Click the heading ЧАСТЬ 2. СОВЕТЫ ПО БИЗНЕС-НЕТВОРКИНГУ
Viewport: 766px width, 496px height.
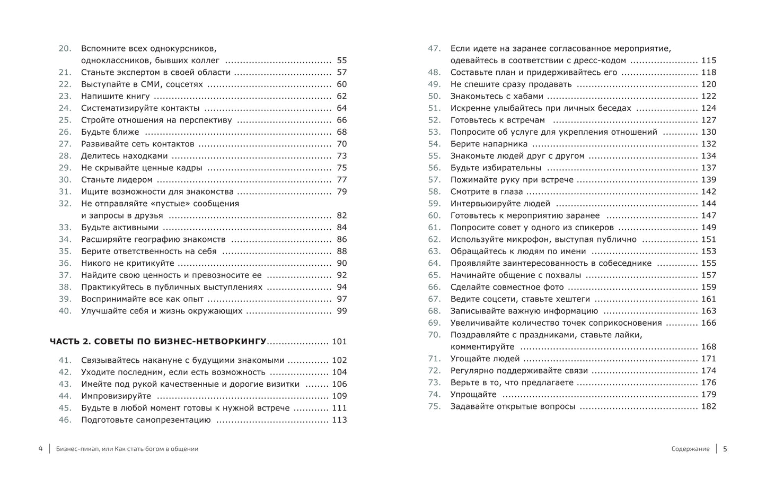pyautogui.click(x=158, y=342)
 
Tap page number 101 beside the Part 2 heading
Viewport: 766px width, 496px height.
pyautogui.click(x=339, y=342)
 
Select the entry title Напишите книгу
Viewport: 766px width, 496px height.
pyautogui.click(x=115, y=96)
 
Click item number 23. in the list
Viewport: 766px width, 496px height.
pyautogui.click(x=65, y=96)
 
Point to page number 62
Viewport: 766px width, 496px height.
pyautogui.click(x=341, y=96)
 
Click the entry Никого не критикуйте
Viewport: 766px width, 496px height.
pyautogui.click(x=127, y=263)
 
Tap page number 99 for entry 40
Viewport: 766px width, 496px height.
pyautogui.click(x=341, y=311)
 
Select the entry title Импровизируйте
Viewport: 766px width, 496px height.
pyautogui.click(x=116, y=396)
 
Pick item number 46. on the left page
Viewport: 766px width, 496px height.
pyautogui.click(x=65, y=420)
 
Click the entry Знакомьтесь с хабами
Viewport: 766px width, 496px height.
pyautogui.click(x=497, y=96)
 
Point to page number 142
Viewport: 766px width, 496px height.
pyautogui.click(x=708, y=192)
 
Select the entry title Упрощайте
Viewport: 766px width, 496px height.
pyautogui.click(x=473, y=394)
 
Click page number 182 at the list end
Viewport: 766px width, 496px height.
pyautogui.click(x=708, y=406)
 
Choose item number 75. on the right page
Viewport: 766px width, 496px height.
pyautogui.click(x=434, y=406)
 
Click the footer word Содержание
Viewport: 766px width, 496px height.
pyautogui.click(x=690, y=449)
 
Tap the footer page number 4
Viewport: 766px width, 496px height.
pyautogui.click(x=40, y=449)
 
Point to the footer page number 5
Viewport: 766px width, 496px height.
pyautogui.click(x=725, y=449)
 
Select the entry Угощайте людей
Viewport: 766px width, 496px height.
pyautogui.click(x=485, y=359)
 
